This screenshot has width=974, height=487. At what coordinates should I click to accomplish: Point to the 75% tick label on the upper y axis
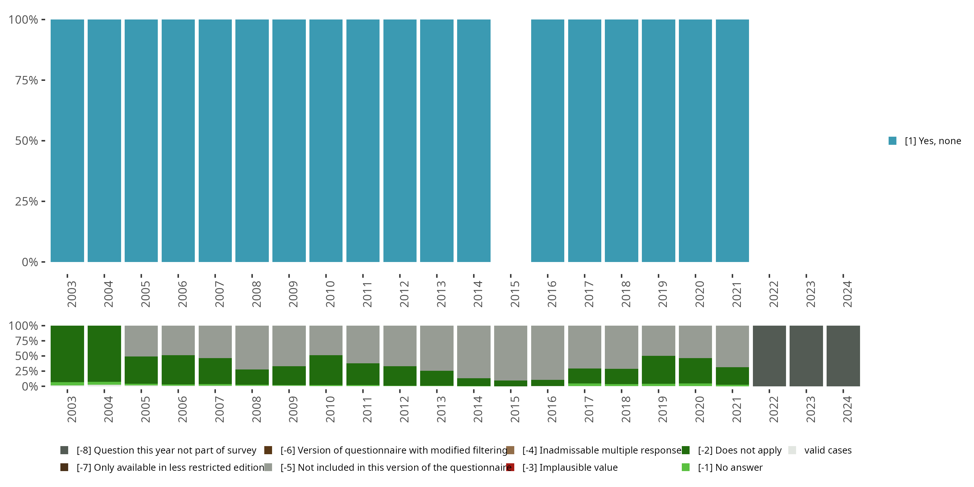[27, 80]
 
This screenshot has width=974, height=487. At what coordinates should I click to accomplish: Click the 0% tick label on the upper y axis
[30, 262]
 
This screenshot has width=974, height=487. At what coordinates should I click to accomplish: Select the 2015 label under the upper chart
[515, 294]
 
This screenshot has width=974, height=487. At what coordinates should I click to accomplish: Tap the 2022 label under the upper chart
[773, 294]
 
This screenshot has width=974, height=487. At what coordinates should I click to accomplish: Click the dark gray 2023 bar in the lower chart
[806, 356]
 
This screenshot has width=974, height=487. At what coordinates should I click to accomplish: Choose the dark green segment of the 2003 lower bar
[67, 354]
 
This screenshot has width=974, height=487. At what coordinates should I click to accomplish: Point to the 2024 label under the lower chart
[847, 409]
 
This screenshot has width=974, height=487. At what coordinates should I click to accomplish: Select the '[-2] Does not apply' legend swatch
[685, 450]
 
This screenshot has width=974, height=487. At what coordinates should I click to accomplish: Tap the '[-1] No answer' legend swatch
[685, 467]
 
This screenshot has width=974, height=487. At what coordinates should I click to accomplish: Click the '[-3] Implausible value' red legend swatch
[510, 467]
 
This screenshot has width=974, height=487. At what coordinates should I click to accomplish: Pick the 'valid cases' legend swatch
[792, 450]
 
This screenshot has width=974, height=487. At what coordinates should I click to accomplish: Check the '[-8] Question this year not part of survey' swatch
[64, 450]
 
